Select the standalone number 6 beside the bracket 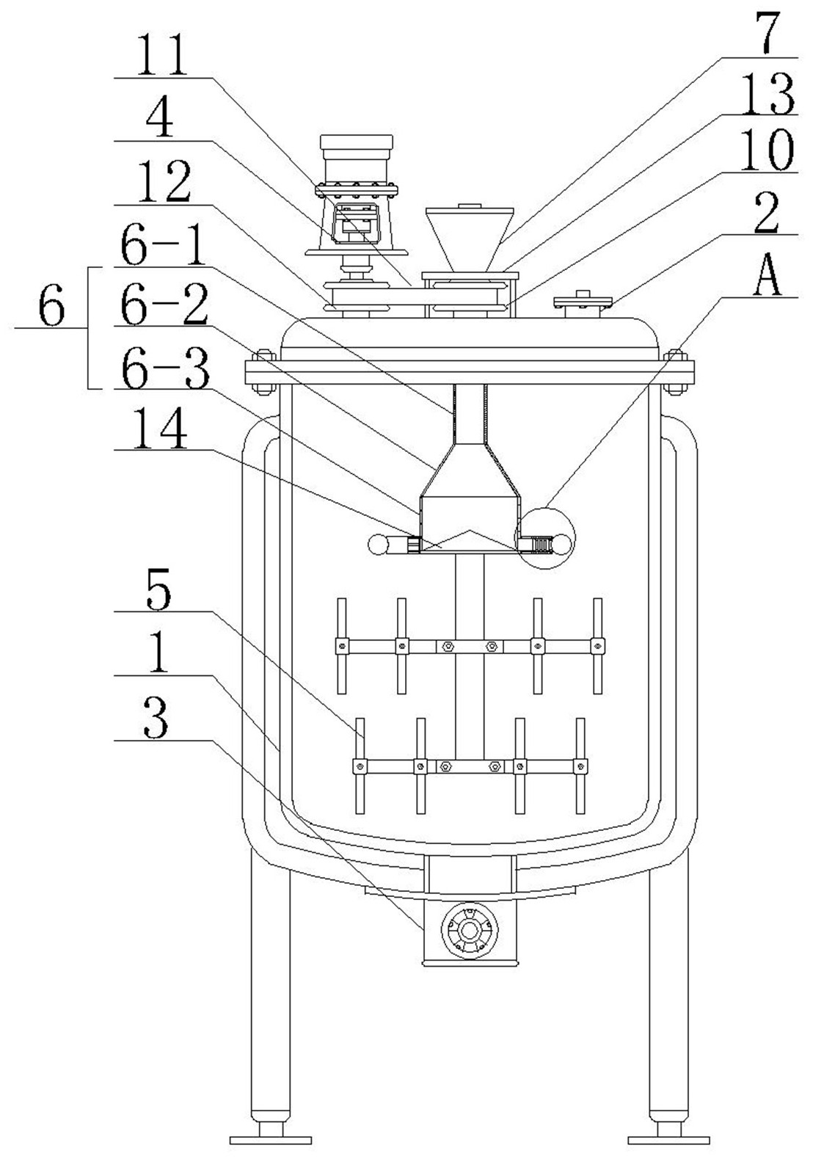tap(51, 308)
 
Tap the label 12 tap(164, 183)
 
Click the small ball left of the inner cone tap(381, 545)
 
